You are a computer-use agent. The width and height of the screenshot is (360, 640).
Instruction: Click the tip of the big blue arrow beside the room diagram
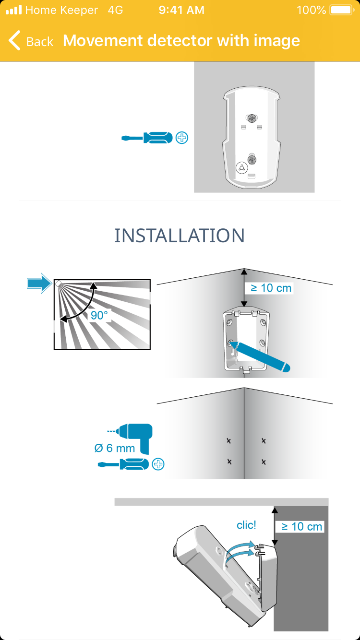point(52,284)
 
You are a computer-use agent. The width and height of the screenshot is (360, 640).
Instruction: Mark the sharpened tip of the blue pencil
point(230,342)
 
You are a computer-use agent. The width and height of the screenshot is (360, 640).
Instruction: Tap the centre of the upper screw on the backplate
point(252,119)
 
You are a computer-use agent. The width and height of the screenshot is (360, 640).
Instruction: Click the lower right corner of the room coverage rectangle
point(150,349)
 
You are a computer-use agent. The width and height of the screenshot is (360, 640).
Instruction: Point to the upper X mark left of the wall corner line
point(228,441)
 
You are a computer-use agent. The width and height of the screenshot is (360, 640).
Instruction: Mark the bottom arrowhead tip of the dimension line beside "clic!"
point(275,545)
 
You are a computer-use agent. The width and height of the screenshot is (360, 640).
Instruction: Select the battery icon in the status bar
point(342,10)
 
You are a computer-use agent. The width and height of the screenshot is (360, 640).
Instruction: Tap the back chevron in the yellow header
point(14,40)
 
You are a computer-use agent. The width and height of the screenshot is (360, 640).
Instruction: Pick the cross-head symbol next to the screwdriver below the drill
point(158,464)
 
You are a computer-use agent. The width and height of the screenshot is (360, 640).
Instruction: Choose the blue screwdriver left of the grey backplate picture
point(147,138)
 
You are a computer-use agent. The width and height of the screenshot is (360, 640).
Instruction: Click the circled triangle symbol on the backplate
point(241,167)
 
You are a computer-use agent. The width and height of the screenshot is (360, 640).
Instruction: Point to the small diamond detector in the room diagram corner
point(58,284)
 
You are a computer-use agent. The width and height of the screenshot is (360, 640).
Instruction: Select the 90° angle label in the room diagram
point(99,315)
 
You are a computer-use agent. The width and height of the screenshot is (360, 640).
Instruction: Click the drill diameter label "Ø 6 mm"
point(115,448)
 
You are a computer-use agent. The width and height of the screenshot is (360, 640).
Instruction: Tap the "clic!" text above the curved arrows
point(247,525)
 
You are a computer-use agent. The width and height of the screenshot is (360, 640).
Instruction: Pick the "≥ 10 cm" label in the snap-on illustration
point(301,527)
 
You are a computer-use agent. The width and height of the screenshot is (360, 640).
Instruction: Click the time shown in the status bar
point(181,10)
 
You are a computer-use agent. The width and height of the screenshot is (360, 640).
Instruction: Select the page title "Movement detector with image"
point(181,41)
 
